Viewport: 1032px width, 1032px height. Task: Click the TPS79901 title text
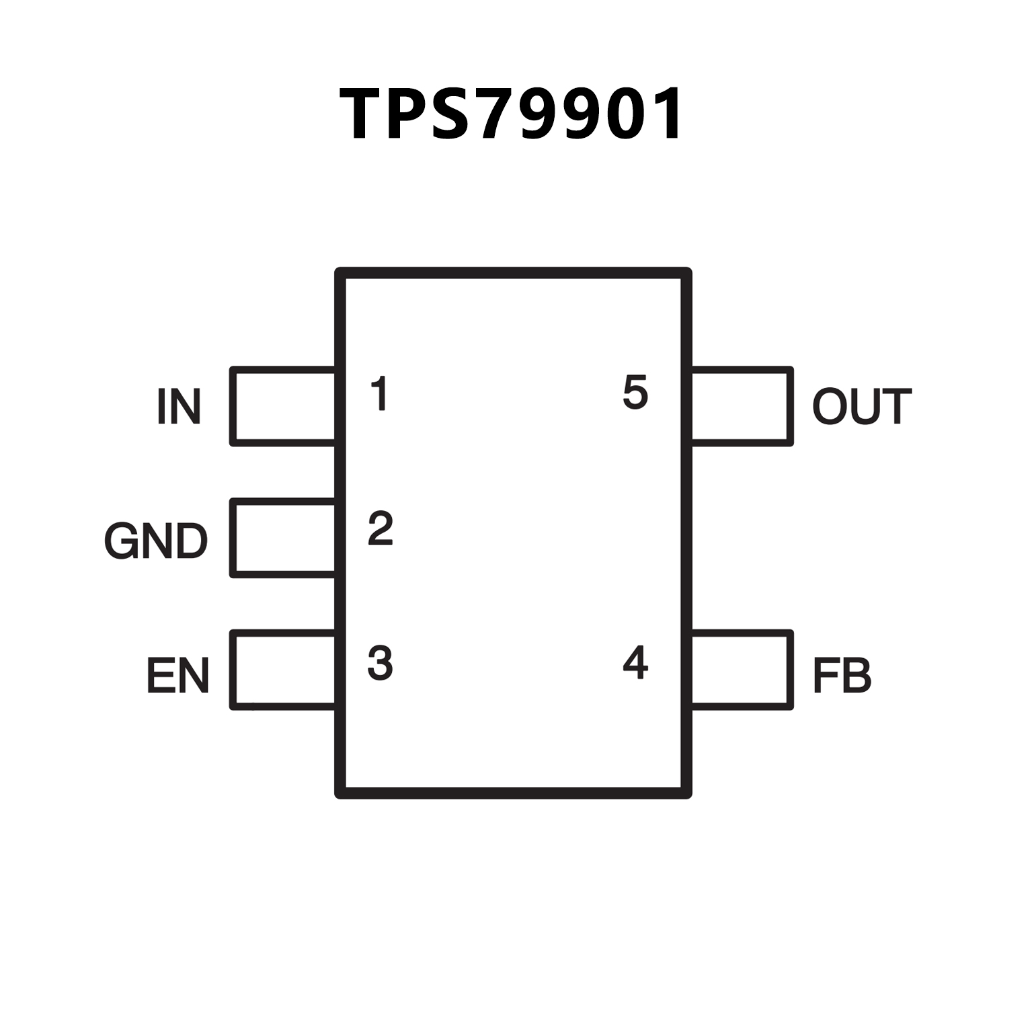pos(512,114)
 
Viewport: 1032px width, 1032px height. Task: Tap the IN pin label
pos(179,406)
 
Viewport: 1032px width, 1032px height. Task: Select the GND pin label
pos(156,541)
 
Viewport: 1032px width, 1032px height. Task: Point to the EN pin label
pos(177,675)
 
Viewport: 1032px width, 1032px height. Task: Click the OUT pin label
pos(861,406)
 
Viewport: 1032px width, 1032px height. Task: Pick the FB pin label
pos(842,675)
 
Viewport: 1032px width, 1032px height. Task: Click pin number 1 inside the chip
pos(381,394)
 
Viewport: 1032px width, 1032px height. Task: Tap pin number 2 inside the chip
pos(381,528)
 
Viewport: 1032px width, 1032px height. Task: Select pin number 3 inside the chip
pos(380,663)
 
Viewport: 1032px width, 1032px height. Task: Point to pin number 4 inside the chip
pos(635,663)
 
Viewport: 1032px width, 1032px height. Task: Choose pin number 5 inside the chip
pos(635,393)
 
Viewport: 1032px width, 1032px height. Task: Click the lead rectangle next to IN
pos(283,406)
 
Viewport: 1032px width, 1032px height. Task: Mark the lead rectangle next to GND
pos(283,538)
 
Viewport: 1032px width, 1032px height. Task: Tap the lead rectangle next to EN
pos(283,670)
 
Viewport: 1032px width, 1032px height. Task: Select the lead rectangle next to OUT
pos(741,406)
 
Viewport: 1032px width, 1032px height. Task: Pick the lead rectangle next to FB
pos(741,670)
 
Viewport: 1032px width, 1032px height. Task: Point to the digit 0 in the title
pos(614,114)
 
